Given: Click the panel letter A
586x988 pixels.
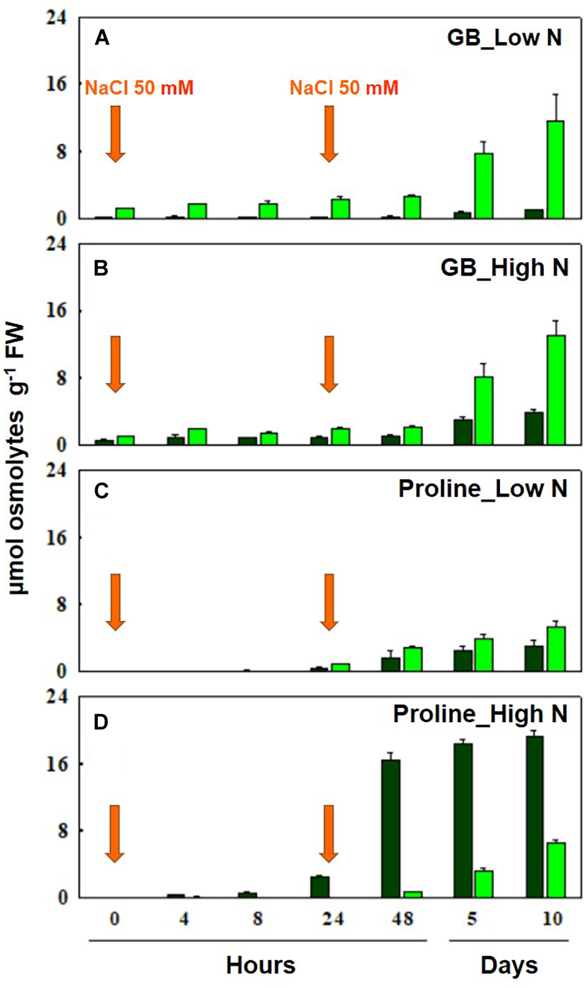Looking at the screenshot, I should pyautogui.click(x=102, y=38).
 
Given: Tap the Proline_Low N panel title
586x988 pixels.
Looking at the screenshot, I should pyautogui.click(x=482, y=489).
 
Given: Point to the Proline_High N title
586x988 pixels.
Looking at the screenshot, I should pyautogui.click(x=480, y=714).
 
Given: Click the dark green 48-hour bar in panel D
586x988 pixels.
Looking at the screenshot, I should pyautogui.click(x=390, y=828).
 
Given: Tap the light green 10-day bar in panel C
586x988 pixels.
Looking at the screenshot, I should pyautogui.click(x=556, y=649).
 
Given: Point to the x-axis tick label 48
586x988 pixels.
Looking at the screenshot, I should pyautogui.click(x=402, y=918).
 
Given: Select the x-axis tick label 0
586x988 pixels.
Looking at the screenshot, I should pyautogui.click(x=115, y=918).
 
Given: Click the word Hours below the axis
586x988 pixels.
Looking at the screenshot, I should pyautogui.click(x=261, y=965).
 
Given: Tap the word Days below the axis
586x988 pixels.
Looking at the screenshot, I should pyautogui.click(x=509, y=965).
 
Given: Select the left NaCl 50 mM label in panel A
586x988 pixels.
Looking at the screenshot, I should pyautogui.click(x=139, y=88).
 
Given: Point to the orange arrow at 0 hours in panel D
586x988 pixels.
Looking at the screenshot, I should pyautogui.click(x=115, y=832).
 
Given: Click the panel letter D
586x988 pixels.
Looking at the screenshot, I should pyautogui.click(x=101, y=723).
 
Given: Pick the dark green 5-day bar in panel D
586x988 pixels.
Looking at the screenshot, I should pyautogui.click(x=463, y=820).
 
